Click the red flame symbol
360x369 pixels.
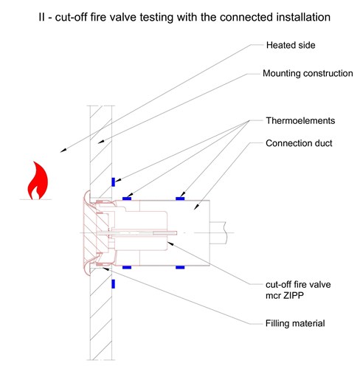click(38, 181)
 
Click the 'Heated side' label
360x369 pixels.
click(291, 45)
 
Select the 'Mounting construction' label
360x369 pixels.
click(308, 73)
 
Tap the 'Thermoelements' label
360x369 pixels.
click(300, 120)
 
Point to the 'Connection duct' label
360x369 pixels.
click(299, 143)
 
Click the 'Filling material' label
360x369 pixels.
click(295, 323)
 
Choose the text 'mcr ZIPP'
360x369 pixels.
click(285, 295)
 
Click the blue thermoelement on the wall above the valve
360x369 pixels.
click(114, 182)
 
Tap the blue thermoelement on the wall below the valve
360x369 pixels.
click(114, 284)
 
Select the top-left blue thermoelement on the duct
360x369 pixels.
click(127, 199)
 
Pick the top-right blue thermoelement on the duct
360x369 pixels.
click(180, 199)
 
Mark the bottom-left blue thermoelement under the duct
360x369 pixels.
click(127, 267)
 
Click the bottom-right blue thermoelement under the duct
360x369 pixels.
click(180, 267)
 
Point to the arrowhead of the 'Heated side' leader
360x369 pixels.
click(63, 151)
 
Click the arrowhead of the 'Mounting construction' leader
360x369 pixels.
click(101, 142)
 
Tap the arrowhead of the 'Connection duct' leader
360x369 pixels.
click(196, 207)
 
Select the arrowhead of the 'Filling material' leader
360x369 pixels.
click(106, 269)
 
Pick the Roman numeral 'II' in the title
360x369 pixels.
click(42, 17)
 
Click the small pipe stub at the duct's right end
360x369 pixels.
click(218, 232)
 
